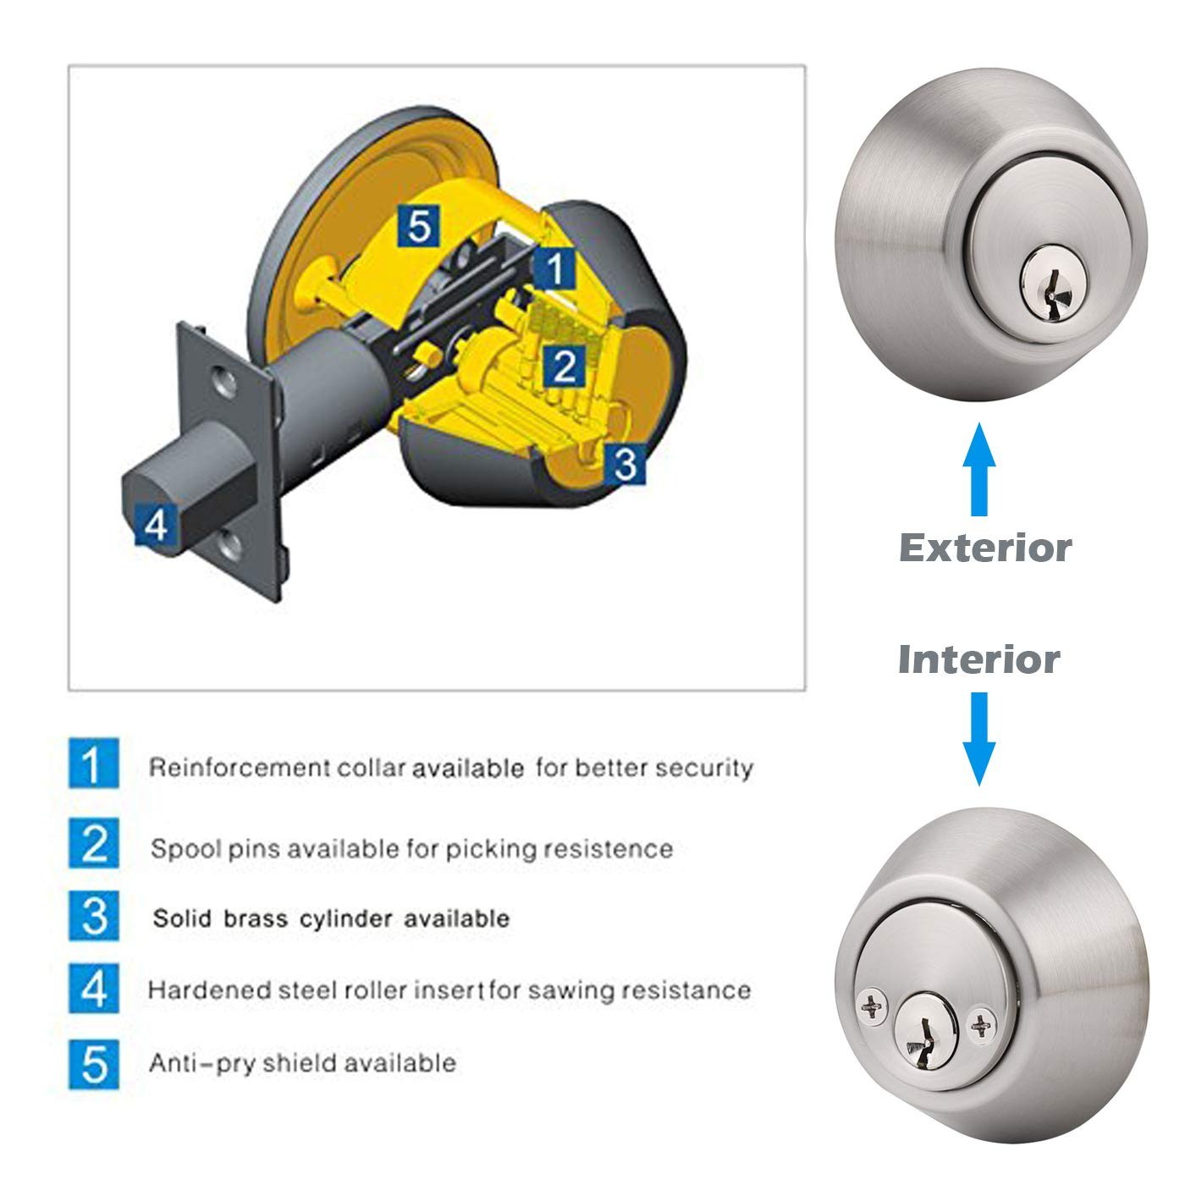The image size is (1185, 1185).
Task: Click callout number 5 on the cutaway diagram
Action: coord(419,226)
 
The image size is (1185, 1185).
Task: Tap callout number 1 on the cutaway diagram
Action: coord(554,268)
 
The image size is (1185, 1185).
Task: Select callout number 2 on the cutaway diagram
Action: coord(564,367)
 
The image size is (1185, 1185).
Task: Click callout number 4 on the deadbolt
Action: coord(157,525)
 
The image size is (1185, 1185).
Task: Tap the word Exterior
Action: coord(985,548)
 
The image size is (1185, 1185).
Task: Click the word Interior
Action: coord(979,660)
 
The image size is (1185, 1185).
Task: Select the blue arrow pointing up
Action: coord(979,469)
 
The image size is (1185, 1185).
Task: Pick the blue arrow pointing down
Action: coord(979,739)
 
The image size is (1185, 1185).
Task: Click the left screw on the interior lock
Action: coord(873,1007)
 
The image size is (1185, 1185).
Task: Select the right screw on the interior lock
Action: coord(982,1025)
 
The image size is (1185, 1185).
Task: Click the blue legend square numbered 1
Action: coord(93,763)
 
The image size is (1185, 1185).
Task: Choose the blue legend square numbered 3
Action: coord(93,916)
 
